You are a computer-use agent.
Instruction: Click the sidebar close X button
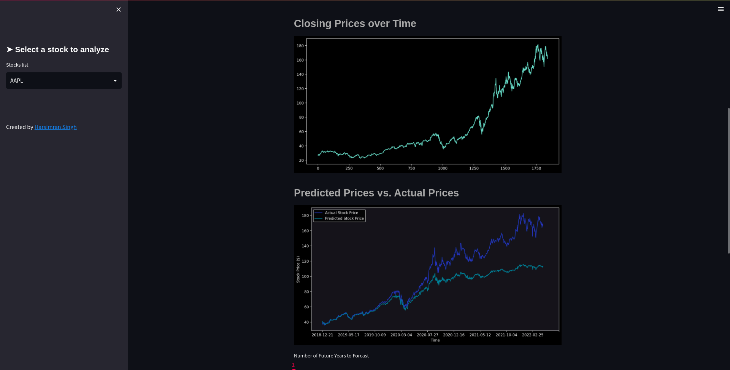(x=119, y=10)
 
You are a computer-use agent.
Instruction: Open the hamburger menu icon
(x=720, y=9)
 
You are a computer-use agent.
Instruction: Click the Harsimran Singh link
(x=56, y=127)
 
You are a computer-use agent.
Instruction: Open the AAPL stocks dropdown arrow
(x=115, y=81)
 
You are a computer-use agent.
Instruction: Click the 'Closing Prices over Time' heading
(x=355, y=24)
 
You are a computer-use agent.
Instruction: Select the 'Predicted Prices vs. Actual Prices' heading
(x=376, y=193)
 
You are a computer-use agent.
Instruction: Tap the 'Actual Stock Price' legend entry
(x=341, y=213)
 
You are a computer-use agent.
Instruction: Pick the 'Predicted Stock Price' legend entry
(x=344, y=218)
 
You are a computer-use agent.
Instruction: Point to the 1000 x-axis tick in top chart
(x=443, y=168)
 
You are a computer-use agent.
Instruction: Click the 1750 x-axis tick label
(x=536, y=168)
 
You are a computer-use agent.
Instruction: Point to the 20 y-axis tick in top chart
(x=301, y=160)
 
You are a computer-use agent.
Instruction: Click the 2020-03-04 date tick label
(x=401, y=335)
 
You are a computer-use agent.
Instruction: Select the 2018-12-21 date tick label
(x=322, y=335)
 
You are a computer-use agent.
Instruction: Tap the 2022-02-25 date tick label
(x=532, y=335)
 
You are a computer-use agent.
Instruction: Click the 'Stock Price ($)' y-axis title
(x=298, y=270)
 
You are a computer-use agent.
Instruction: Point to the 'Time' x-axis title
(x=435, y=340)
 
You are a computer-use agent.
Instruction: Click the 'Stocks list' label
(x=17, y=65)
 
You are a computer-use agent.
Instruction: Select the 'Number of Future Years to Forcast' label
(x=331, y=356)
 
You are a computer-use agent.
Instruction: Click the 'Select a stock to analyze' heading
(x=62, y=49)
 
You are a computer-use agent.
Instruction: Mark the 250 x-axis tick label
(x=349, y=168)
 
